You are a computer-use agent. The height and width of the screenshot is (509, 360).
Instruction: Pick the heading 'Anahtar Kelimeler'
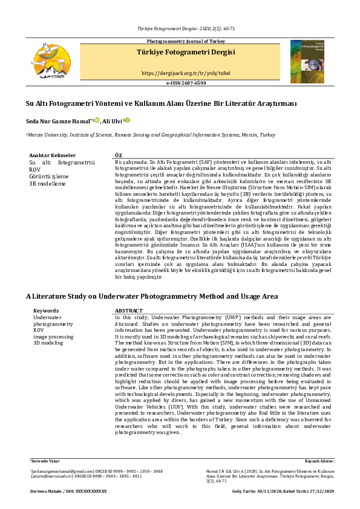pos(53,155)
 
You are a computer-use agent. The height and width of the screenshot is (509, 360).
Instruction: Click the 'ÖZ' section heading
pos(119,155)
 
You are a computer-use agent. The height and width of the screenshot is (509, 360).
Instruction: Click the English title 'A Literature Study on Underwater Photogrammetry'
pos(151,297)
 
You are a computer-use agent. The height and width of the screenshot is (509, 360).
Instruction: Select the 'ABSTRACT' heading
pos(128,311)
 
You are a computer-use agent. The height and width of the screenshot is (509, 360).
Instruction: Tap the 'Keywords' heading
pos(46,311)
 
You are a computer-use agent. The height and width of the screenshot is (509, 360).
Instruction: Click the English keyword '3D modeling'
pos(48,343)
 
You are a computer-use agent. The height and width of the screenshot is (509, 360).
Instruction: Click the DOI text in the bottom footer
pos(68,491)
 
